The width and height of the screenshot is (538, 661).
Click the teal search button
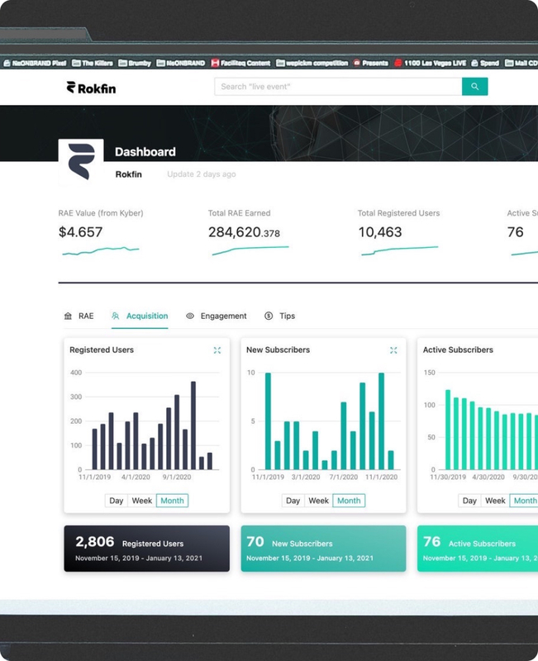point(474,86)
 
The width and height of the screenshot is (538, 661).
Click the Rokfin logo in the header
point(91,88)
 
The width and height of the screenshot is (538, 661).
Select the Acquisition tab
point(140,316)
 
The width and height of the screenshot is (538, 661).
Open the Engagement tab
point(216,316)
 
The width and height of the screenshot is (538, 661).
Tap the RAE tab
point(79,316)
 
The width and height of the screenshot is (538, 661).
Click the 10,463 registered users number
point(380,232)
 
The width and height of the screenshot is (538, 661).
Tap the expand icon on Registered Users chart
point(217,350)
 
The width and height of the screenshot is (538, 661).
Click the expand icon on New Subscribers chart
point(394,350)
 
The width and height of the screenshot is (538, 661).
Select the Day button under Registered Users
point(116,501)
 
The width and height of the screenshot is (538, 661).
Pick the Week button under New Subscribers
point(318,501)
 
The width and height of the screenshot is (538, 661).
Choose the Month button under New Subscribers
point(349,501)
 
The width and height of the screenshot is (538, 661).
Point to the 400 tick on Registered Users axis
point(76,373)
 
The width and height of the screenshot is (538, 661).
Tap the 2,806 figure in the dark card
point(93,542)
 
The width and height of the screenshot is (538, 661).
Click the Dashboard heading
point(145,152)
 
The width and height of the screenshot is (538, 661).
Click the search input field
point(337,86)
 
